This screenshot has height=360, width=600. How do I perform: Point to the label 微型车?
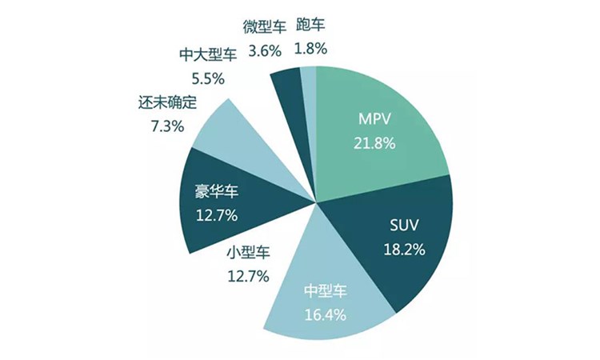(263, 27)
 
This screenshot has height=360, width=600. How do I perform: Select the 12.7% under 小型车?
(248, 276)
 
